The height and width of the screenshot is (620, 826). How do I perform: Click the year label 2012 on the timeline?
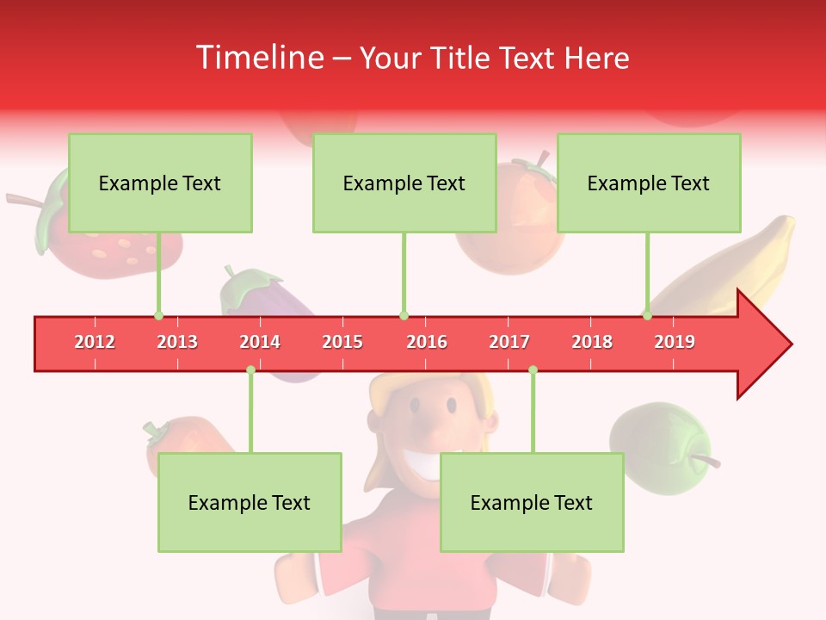(x=95, y=342)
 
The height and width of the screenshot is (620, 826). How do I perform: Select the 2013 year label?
(x=177, y=342)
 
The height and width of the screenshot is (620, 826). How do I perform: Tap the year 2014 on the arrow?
(x=260, y=342)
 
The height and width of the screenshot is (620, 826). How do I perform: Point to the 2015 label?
(x=342, y=342)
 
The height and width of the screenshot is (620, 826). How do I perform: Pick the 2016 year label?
(x=427, y=342)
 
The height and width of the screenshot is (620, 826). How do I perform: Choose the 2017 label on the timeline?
(x=509, y=342)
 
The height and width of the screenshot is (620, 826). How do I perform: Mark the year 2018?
(x=592, y=342)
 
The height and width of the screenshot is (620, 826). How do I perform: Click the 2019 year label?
(x=675, y=342)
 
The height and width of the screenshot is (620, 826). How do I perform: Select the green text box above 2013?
(x=160, y=183)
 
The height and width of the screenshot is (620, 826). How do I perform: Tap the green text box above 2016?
(x=404, y=183)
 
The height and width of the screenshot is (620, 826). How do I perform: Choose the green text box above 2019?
(x=649, y=183)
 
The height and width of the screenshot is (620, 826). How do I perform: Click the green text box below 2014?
(x=250, y=502)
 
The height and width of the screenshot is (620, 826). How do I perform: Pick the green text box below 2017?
(x=532, y=502)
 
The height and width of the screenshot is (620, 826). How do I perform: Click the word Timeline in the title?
(x=258, y=58)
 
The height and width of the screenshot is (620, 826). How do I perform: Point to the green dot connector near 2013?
(x=158, y=315)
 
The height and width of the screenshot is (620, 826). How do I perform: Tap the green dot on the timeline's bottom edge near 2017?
(x=533, y=370)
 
